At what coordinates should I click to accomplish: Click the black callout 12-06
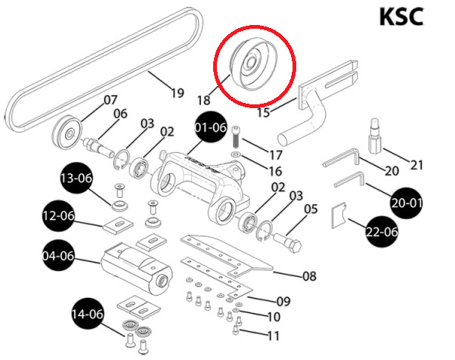(58, 216)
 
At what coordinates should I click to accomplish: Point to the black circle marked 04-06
(58, 256)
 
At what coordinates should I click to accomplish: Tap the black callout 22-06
(380, 231)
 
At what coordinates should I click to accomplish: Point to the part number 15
(262, 113)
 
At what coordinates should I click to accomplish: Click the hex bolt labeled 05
(286, 244)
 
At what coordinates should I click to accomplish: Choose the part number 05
(311, 209)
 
